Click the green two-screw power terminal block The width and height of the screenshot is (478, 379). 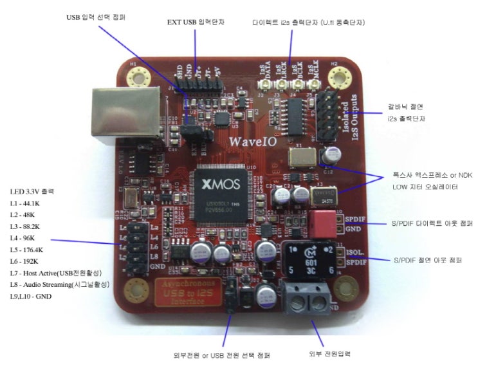(x=307, y=299)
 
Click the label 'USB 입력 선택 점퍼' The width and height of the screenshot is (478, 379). (x=96, y=16)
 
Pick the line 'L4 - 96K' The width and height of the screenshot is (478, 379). (x=26, y=237)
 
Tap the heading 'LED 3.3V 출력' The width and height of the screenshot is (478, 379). (x=32, y=191)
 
